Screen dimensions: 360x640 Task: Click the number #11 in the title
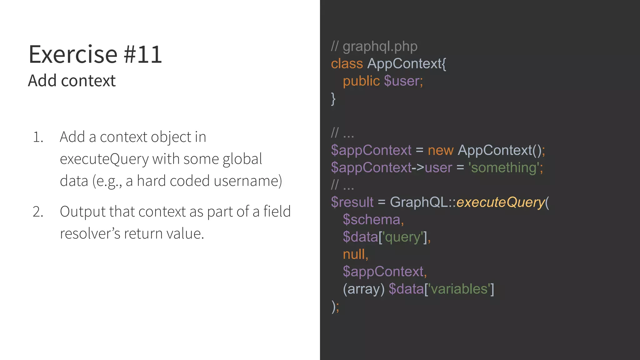(x=143, y=55)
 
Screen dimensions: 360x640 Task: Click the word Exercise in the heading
(x=73, y=55)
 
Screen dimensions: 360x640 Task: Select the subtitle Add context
(x=72, y=81)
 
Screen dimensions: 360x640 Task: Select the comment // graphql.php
(x=374, y=47)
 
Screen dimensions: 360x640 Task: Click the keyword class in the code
(x=347, y=64)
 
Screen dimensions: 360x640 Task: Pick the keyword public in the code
(x=361, y=81)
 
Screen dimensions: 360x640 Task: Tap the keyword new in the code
(x=440, y=150)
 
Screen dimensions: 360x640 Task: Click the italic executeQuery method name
(x=500, y=202)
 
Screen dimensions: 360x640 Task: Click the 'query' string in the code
(x=403, y=237)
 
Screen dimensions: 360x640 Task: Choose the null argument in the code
(x=354, y=254)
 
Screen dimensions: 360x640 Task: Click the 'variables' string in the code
(x=459, y=289)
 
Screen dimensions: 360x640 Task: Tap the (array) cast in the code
(x=363, y=289)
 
